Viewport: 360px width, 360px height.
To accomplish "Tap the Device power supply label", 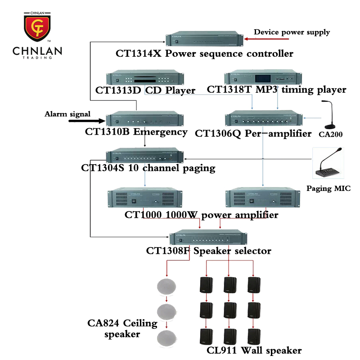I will tap(292, 32).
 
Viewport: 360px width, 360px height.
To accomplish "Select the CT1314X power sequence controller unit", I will tap(205, 40).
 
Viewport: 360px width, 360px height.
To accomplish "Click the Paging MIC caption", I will tap(328, 189).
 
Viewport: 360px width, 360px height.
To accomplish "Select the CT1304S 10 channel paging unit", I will tap(145, 156).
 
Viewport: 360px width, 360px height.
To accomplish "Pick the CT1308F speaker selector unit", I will tap(209, 238).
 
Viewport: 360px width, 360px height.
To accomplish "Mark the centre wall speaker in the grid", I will tap(230, 310).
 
